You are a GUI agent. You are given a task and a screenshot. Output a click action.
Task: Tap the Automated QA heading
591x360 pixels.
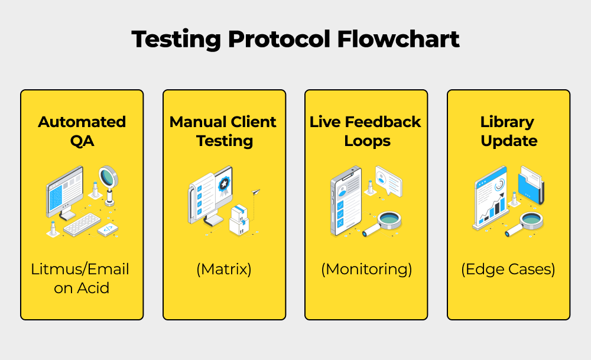(82, 131)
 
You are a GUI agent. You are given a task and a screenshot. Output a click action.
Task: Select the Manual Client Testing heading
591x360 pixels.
(223, 131)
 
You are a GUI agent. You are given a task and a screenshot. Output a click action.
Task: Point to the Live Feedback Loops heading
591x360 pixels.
(365, 131)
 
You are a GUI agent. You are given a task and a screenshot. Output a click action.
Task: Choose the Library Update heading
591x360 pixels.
(508, 131)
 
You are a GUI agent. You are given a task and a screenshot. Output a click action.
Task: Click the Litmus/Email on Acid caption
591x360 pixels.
(80, 278)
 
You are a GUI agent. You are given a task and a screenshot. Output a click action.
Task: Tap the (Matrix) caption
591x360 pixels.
(223, 270)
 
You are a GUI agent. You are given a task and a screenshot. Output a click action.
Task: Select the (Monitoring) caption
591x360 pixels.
(366, 270)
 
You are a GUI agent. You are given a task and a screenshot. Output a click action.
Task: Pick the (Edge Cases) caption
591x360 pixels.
(508, 270)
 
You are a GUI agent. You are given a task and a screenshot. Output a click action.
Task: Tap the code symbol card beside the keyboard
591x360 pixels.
(108, 229)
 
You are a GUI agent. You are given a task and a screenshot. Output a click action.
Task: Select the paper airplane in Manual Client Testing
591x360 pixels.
(255, 192)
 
